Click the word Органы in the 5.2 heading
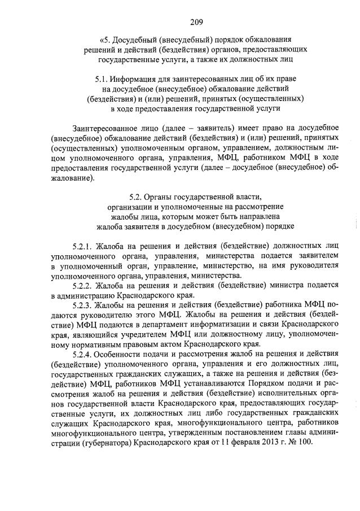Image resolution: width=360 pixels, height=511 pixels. (x=162, y=197)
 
